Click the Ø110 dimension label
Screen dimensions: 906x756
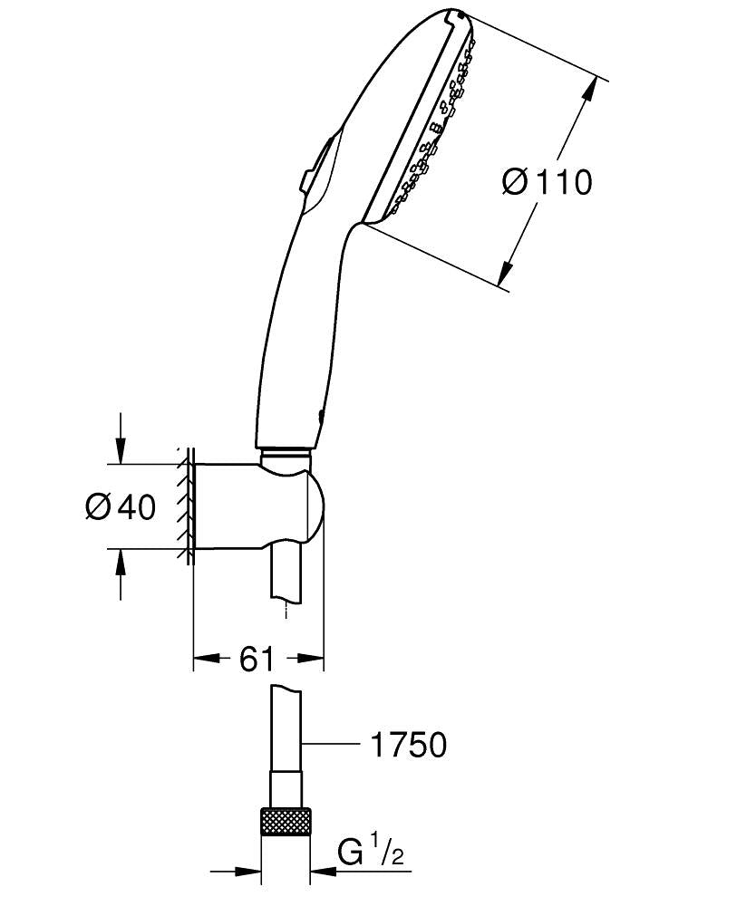coord(548,182)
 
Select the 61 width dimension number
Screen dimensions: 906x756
coord(257,659)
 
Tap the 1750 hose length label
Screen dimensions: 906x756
coord(408,745)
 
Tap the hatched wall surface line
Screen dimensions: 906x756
coord(186,506)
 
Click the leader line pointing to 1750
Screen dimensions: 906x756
coord(328,745)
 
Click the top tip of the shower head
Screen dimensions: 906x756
coord(456,13)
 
